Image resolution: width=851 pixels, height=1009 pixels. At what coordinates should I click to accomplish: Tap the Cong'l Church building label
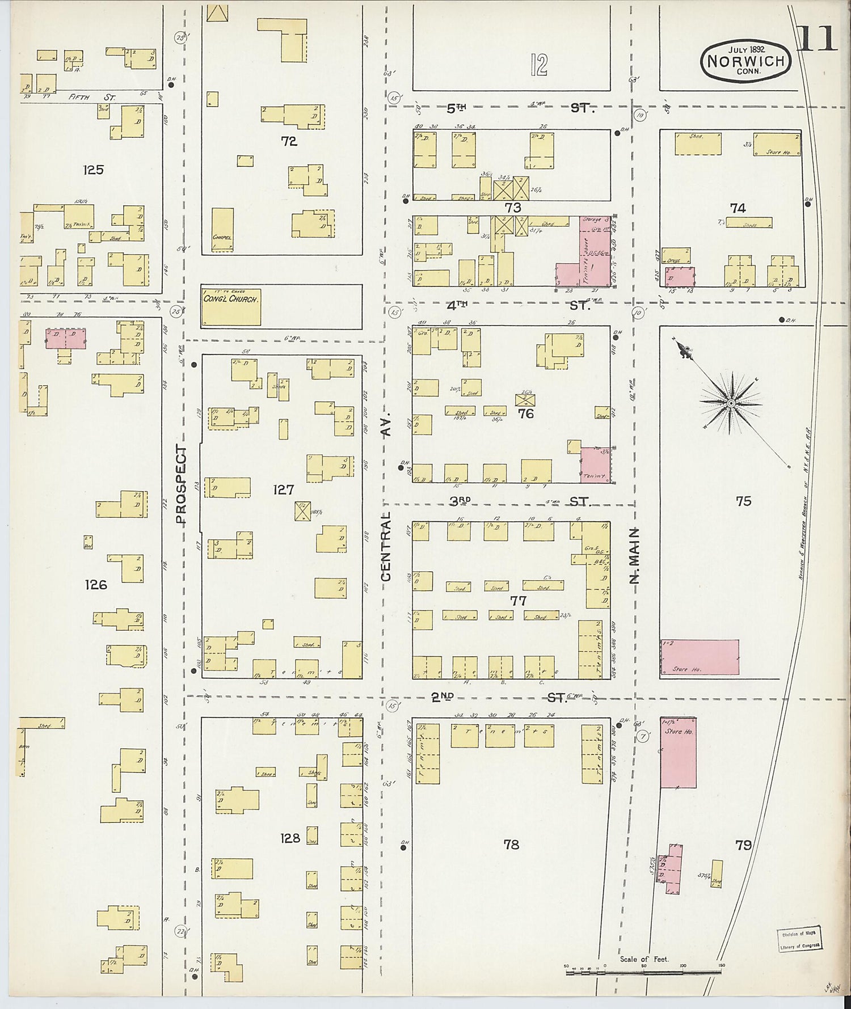click(230, 299)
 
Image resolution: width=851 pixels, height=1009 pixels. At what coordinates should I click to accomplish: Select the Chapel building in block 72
click(222, 230)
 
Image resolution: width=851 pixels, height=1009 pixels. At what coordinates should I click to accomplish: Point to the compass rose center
click(731, 403)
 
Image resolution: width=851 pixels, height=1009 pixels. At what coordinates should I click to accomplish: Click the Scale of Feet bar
click(643, 973)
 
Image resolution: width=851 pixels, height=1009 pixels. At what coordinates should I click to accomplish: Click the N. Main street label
click(634, 555)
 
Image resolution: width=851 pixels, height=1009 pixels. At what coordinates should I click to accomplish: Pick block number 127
click(283, 489)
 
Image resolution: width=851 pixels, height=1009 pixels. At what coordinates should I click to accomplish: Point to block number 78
click(511, 845)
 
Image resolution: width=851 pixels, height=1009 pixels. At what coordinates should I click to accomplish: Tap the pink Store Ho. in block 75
click(700, 657)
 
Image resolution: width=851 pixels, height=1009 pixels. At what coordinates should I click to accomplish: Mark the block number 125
click(93, 170)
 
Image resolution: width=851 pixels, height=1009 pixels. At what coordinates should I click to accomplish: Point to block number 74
click(738, 208)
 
